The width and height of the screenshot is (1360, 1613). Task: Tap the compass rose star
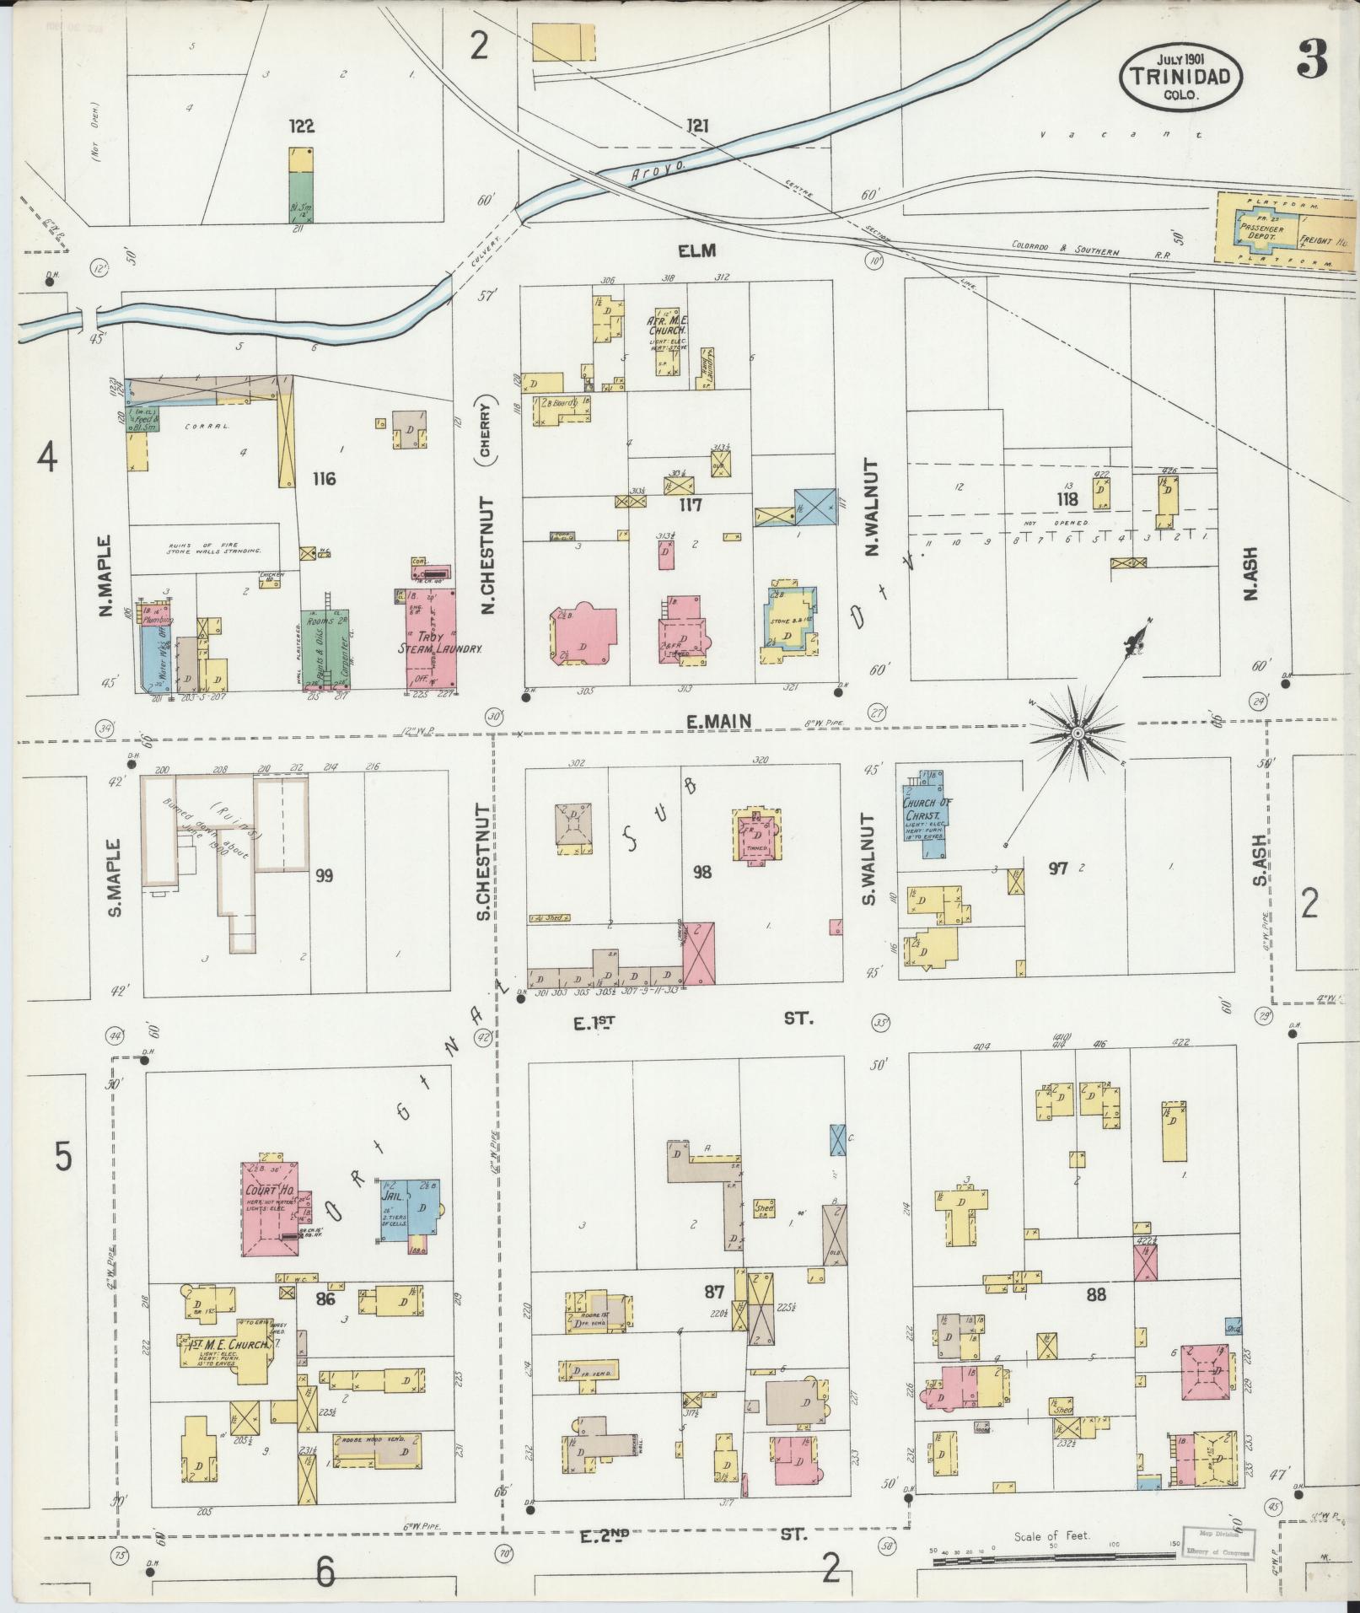point(1077,734)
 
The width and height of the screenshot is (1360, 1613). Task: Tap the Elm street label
point(696,250)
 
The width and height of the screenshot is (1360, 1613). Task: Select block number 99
point(323,876)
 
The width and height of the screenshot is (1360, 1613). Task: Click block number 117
point(691,505)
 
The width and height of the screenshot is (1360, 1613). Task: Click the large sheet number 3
point(1312,59)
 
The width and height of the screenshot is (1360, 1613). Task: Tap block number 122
point(301,126)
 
